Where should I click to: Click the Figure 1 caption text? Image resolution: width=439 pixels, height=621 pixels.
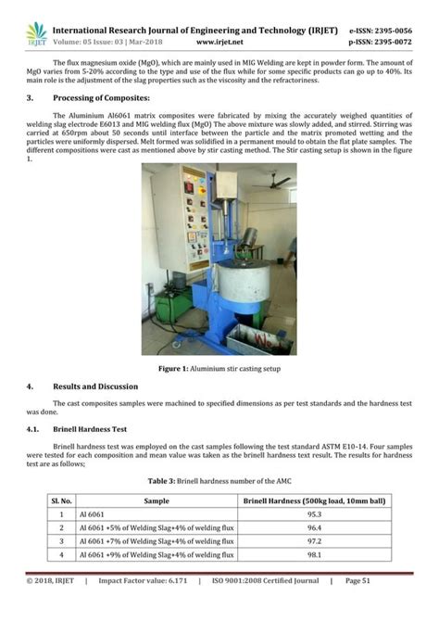coord(219,368)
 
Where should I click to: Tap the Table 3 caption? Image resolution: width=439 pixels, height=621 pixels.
coord(219,481)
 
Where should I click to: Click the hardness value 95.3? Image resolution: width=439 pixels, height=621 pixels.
coord(314,513)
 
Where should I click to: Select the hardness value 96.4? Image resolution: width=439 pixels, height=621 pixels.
coord(314,527)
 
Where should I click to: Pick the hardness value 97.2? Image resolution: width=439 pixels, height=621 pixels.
coord(314,540)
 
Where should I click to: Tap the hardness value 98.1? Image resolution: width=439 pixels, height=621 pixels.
coord(314,554)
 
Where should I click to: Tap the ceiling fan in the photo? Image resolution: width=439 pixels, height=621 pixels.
coord(274,183)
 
